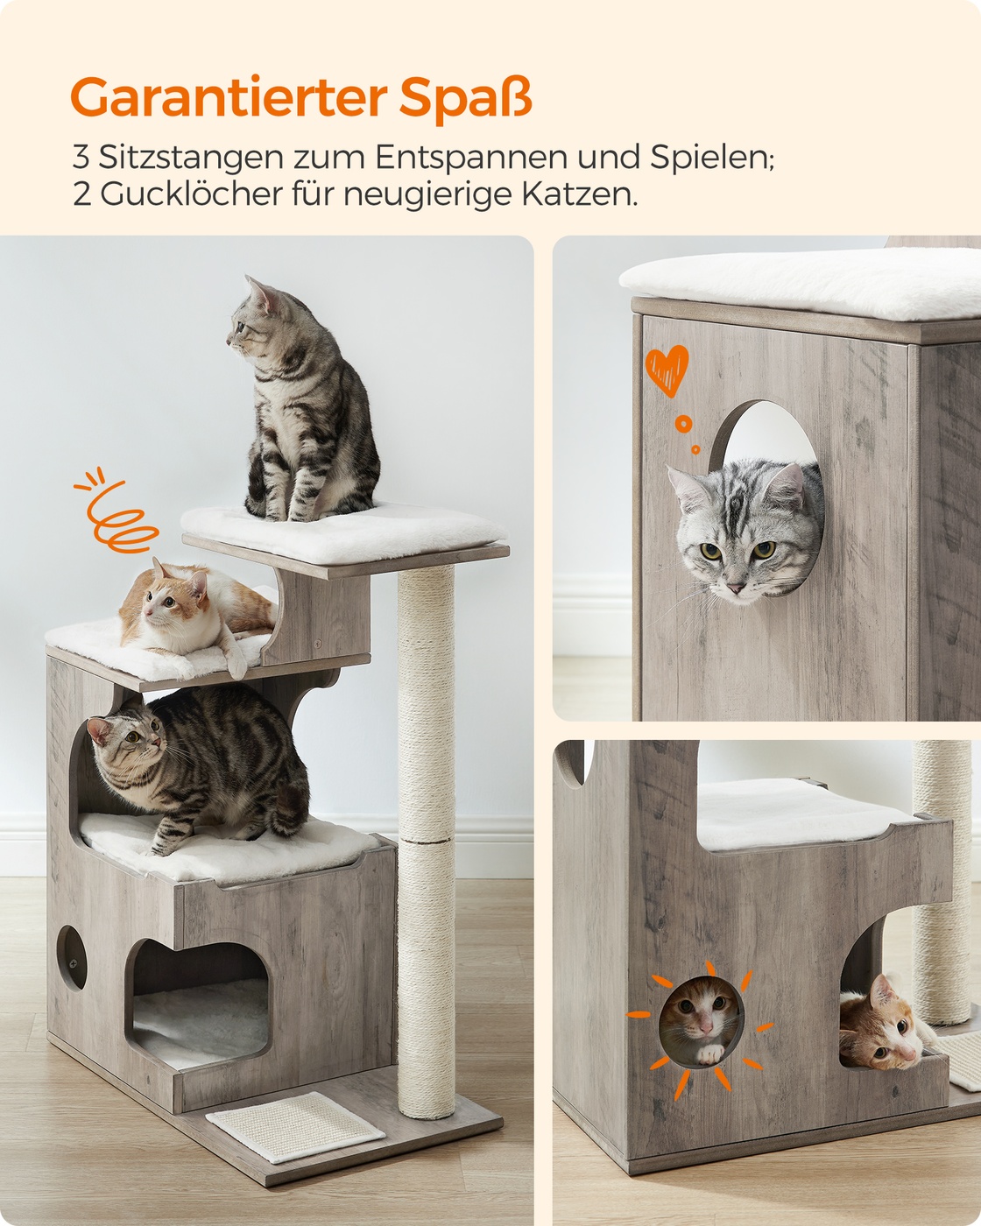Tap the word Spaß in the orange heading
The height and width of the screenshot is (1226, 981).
pyautogui.click(x=466, y=98)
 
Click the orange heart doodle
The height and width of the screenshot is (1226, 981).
pyautogui.click(x=667, y=370)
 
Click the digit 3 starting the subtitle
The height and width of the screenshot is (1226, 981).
pyautogui.click(x=81, y=158)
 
